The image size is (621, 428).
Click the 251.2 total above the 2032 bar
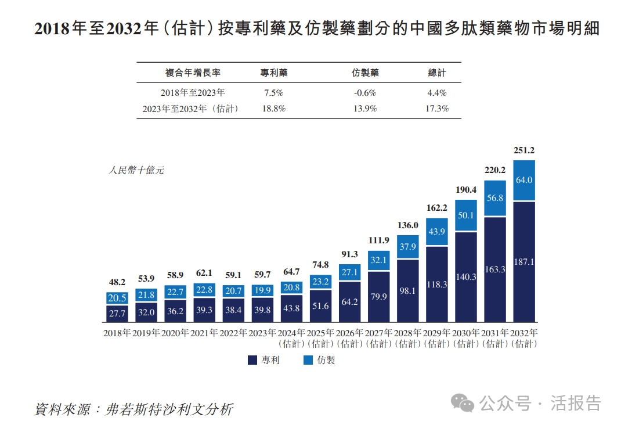tap(523, 150)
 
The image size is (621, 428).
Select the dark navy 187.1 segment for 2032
tap(523, 262)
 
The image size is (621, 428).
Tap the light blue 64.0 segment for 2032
tap(523, 181)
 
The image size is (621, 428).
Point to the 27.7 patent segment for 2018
tap(117, 314)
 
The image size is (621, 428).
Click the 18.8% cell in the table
tap(274, 109)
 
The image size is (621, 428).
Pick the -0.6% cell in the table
tap(365, 93)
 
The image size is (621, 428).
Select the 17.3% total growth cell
tap(436, 109)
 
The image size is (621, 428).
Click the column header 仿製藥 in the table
tap(365, 73)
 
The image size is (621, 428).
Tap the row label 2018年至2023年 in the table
tap(193, 93)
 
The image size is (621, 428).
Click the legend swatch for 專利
tap(252, 360)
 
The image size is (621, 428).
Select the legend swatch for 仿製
tap(308, 360)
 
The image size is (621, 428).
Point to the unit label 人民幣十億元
tap(136, 171)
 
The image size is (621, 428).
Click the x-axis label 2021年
tap(204, 333)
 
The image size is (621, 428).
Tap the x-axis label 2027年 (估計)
tap(378, 338)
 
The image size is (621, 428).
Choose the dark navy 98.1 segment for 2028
tap(407, 290)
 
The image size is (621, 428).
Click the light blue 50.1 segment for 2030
tap(465, 215)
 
